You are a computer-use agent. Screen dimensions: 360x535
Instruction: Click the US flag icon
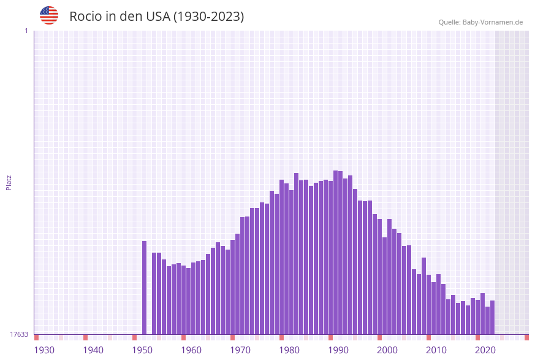point(49,15)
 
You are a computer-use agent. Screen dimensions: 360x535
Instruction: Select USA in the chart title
point(157,17)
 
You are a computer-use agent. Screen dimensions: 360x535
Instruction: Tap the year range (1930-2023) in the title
point(208,17)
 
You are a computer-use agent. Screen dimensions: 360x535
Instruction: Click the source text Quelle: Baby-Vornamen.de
point(480,22)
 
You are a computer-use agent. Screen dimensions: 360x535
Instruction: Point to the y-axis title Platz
point(9,182)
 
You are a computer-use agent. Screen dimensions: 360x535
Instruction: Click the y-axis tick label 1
point(26,31)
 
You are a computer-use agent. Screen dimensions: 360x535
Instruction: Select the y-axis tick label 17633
point(19,334)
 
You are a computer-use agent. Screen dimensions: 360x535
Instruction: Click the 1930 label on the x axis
point(44,350)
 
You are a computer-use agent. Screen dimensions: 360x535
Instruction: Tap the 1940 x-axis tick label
point(93,350)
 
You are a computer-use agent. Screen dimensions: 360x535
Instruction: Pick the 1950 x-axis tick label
point(142,350)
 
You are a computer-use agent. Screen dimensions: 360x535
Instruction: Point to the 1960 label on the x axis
point(191,350)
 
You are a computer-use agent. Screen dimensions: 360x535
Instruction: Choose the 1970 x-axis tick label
point(240,350)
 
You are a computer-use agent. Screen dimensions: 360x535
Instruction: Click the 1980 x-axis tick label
point(289,350)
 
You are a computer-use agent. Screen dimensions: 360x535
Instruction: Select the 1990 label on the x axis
point(338,350)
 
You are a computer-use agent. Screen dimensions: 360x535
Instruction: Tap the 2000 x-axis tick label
point(387,350)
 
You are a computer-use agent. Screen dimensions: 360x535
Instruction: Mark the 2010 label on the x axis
point(436,350)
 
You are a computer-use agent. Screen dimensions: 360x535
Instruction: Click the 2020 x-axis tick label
point(485,350)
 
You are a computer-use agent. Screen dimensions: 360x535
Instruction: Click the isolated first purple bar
point(145,288)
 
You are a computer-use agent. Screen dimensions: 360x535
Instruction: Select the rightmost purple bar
point(492,317)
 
